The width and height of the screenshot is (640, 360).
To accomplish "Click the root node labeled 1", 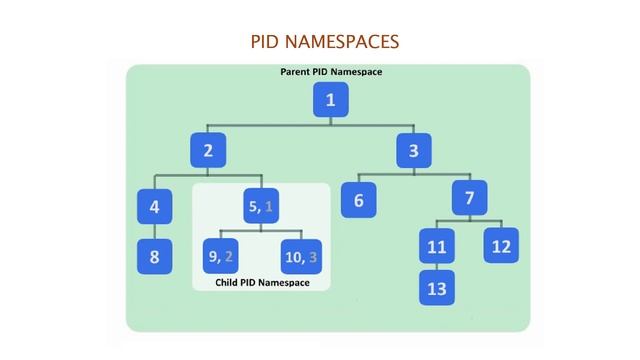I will (x=330, y=100).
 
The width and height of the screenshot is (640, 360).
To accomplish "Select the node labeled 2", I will (x=208, y=152).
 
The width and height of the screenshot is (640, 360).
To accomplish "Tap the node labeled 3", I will (x=413, y=152).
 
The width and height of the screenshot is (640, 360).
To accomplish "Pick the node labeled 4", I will (x=154, y=207).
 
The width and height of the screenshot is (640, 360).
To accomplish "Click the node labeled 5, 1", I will (x=260, y=207).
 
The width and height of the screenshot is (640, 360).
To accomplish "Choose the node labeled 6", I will (x=358, y=201).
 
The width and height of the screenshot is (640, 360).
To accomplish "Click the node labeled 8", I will (x=154, y=256).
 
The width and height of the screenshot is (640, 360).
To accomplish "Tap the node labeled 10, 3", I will (x=299, y=256).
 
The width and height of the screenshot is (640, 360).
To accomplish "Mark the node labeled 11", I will (x=437, y=246).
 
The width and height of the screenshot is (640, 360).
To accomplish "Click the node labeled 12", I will (x=502, y=245).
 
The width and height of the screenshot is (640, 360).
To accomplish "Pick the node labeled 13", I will (x=437, y=289).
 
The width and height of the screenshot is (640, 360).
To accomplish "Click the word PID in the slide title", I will (x=267, y=42).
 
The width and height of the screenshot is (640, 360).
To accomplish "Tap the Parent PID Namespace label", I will (x=330, y=72).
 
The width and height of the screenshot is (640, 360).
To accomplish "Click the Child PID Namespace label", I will (x=262, y=283).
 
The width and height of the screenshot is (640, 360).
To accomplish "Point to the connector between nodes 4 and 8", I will (x=154, y=232).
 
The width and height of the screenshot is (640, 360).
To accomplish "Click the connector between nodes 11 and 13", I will (x=437, y=267).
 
